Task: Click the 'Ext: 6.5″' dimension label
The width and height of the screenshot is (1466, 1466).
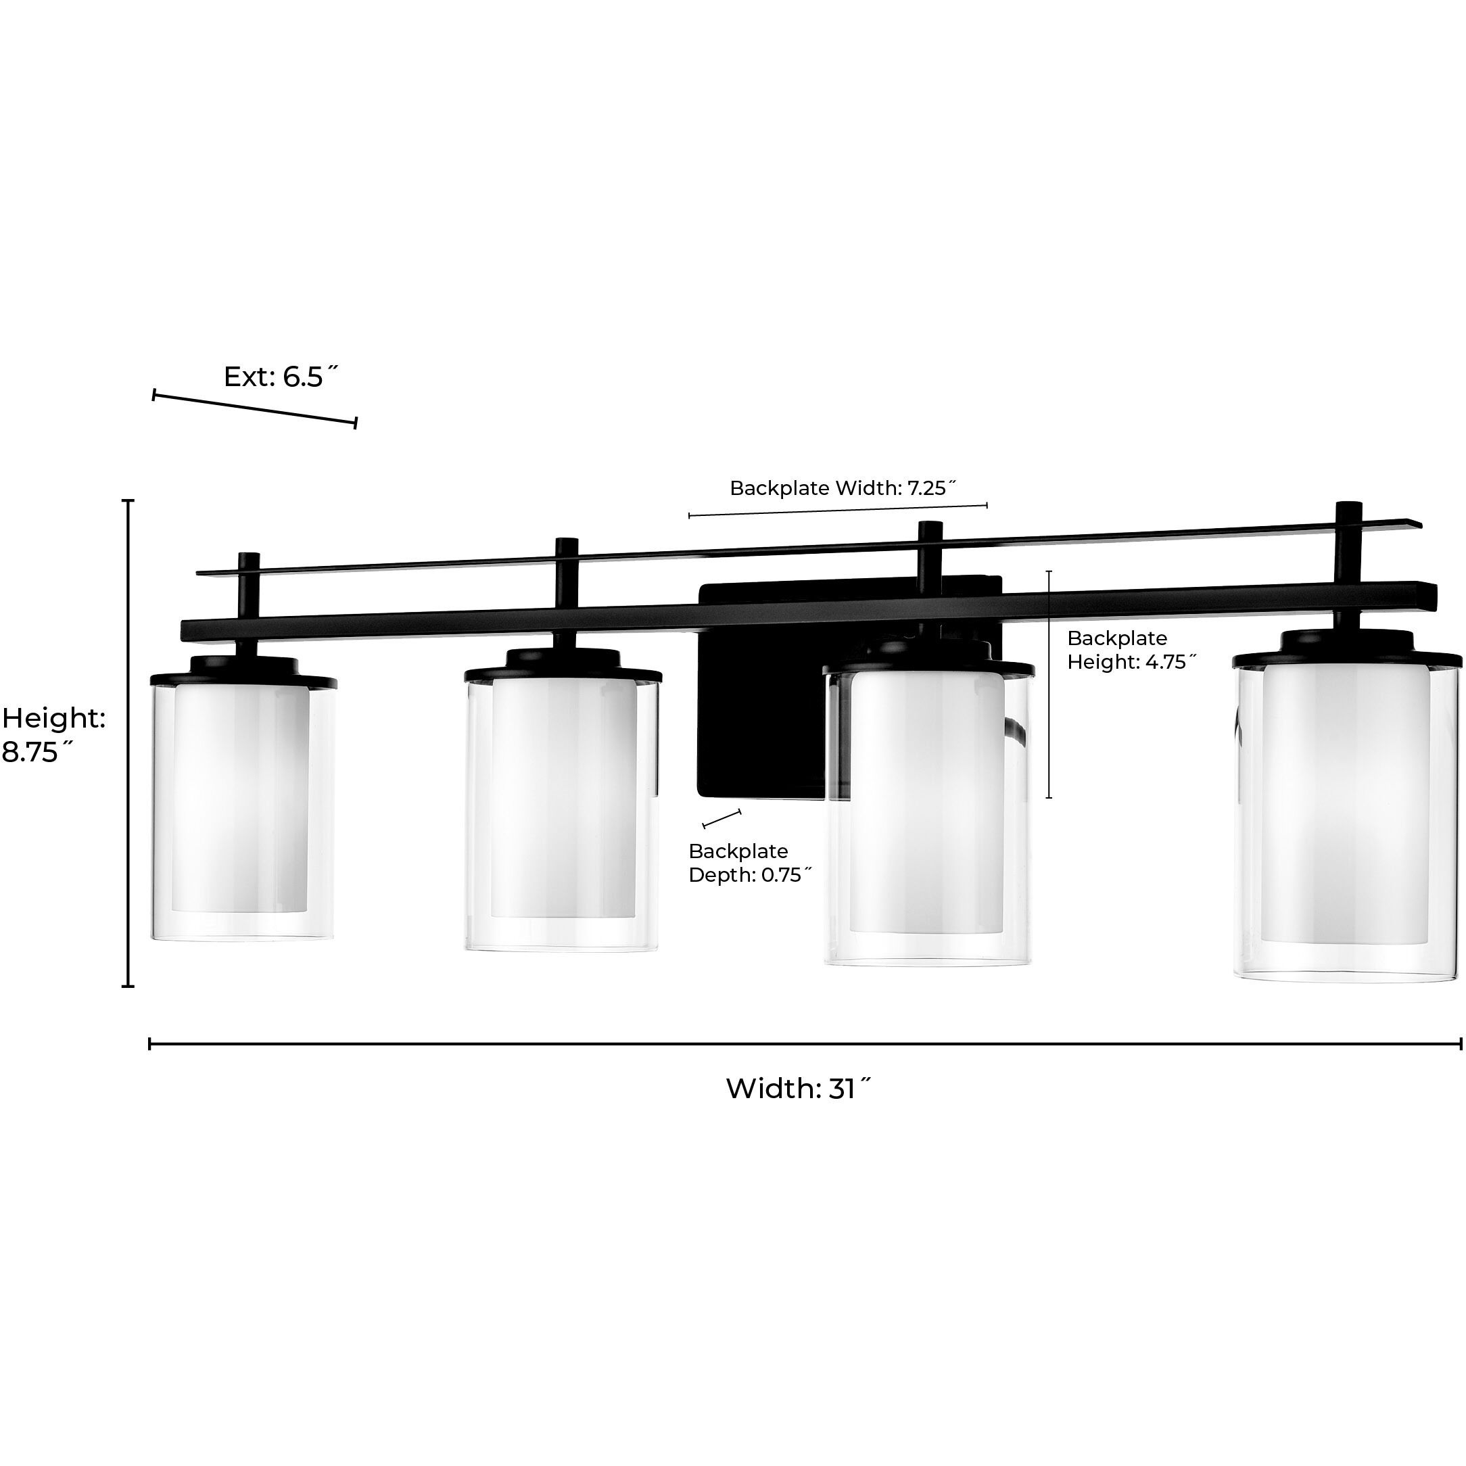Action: (x=281, y=377)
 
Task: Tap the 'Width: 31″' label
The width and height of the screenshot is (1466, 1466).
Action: (x=799, y=1088)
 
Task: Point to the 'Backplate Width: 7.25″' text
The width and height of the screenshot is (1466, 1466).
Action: (x=843, y=488)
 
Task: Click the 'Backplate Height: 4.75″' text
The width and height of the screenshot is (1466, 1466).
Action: (x=1131, y=650)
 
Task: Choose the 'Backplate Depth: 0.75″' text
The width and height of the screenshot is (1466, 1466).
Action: (x=751, y=863)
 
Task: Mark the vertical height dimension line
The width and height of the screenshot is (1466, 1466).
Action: (x=128, y=744)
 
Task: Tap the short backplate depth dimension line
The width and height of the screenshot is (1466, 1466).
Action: (x=722, y=819)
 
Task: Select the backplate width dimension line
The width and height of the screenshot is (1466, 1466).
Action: (x=838, y=509)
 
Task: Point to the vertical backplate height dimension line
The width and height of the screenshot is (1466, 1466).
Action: (x=1049, y=684)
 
